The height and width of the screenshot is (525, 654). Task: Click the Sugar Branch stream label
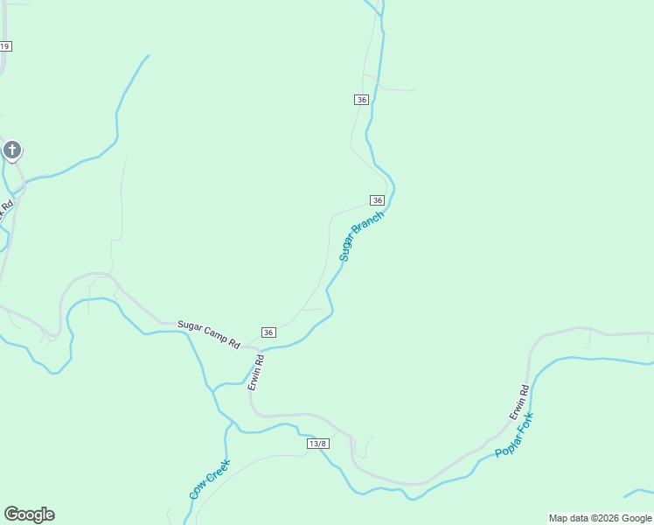click(x=361, y=236)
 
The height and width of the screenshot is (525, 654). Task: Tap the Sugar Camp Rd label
click(x=208, y=334)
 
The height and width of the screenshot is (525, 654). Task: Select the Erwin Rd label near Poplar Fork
click(x=519, y=402)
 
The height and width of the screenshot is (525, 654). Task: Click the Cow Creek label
click(x=209, y=479)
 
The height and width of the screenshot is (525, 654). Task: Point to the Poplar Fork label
click(x=514, y=435)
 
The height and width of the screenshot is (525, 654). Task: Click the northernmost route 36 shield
click(x=362, y=100)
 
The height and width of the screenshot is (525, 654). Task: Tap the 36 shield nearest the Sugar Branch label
click(x=377, y=200)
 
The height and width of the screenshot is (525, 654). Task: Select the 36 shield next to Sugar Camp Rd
click(x=268, y=332)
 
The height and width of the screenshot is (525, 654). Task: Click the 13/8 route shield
click(x=318, y=444)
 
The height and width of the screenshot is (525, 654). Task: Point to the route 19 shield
click(x=5, y=46)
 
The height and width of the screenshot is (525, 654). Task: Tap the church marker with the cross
click(x=12, y=150)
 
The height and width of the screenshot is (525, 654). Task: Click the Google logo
click(x=29, y=514)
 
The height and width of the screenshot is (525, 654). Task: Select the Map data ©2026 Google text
click(x=600, y=518)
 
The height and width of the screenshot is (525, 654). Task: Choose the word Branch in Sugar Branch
click(x=370, y=226)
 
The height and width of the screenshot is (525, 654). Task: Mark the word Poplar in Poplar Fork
click(x=508, y=444)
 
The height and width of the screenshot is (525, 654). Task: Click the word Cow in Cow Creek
click(x=197, y=492)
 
